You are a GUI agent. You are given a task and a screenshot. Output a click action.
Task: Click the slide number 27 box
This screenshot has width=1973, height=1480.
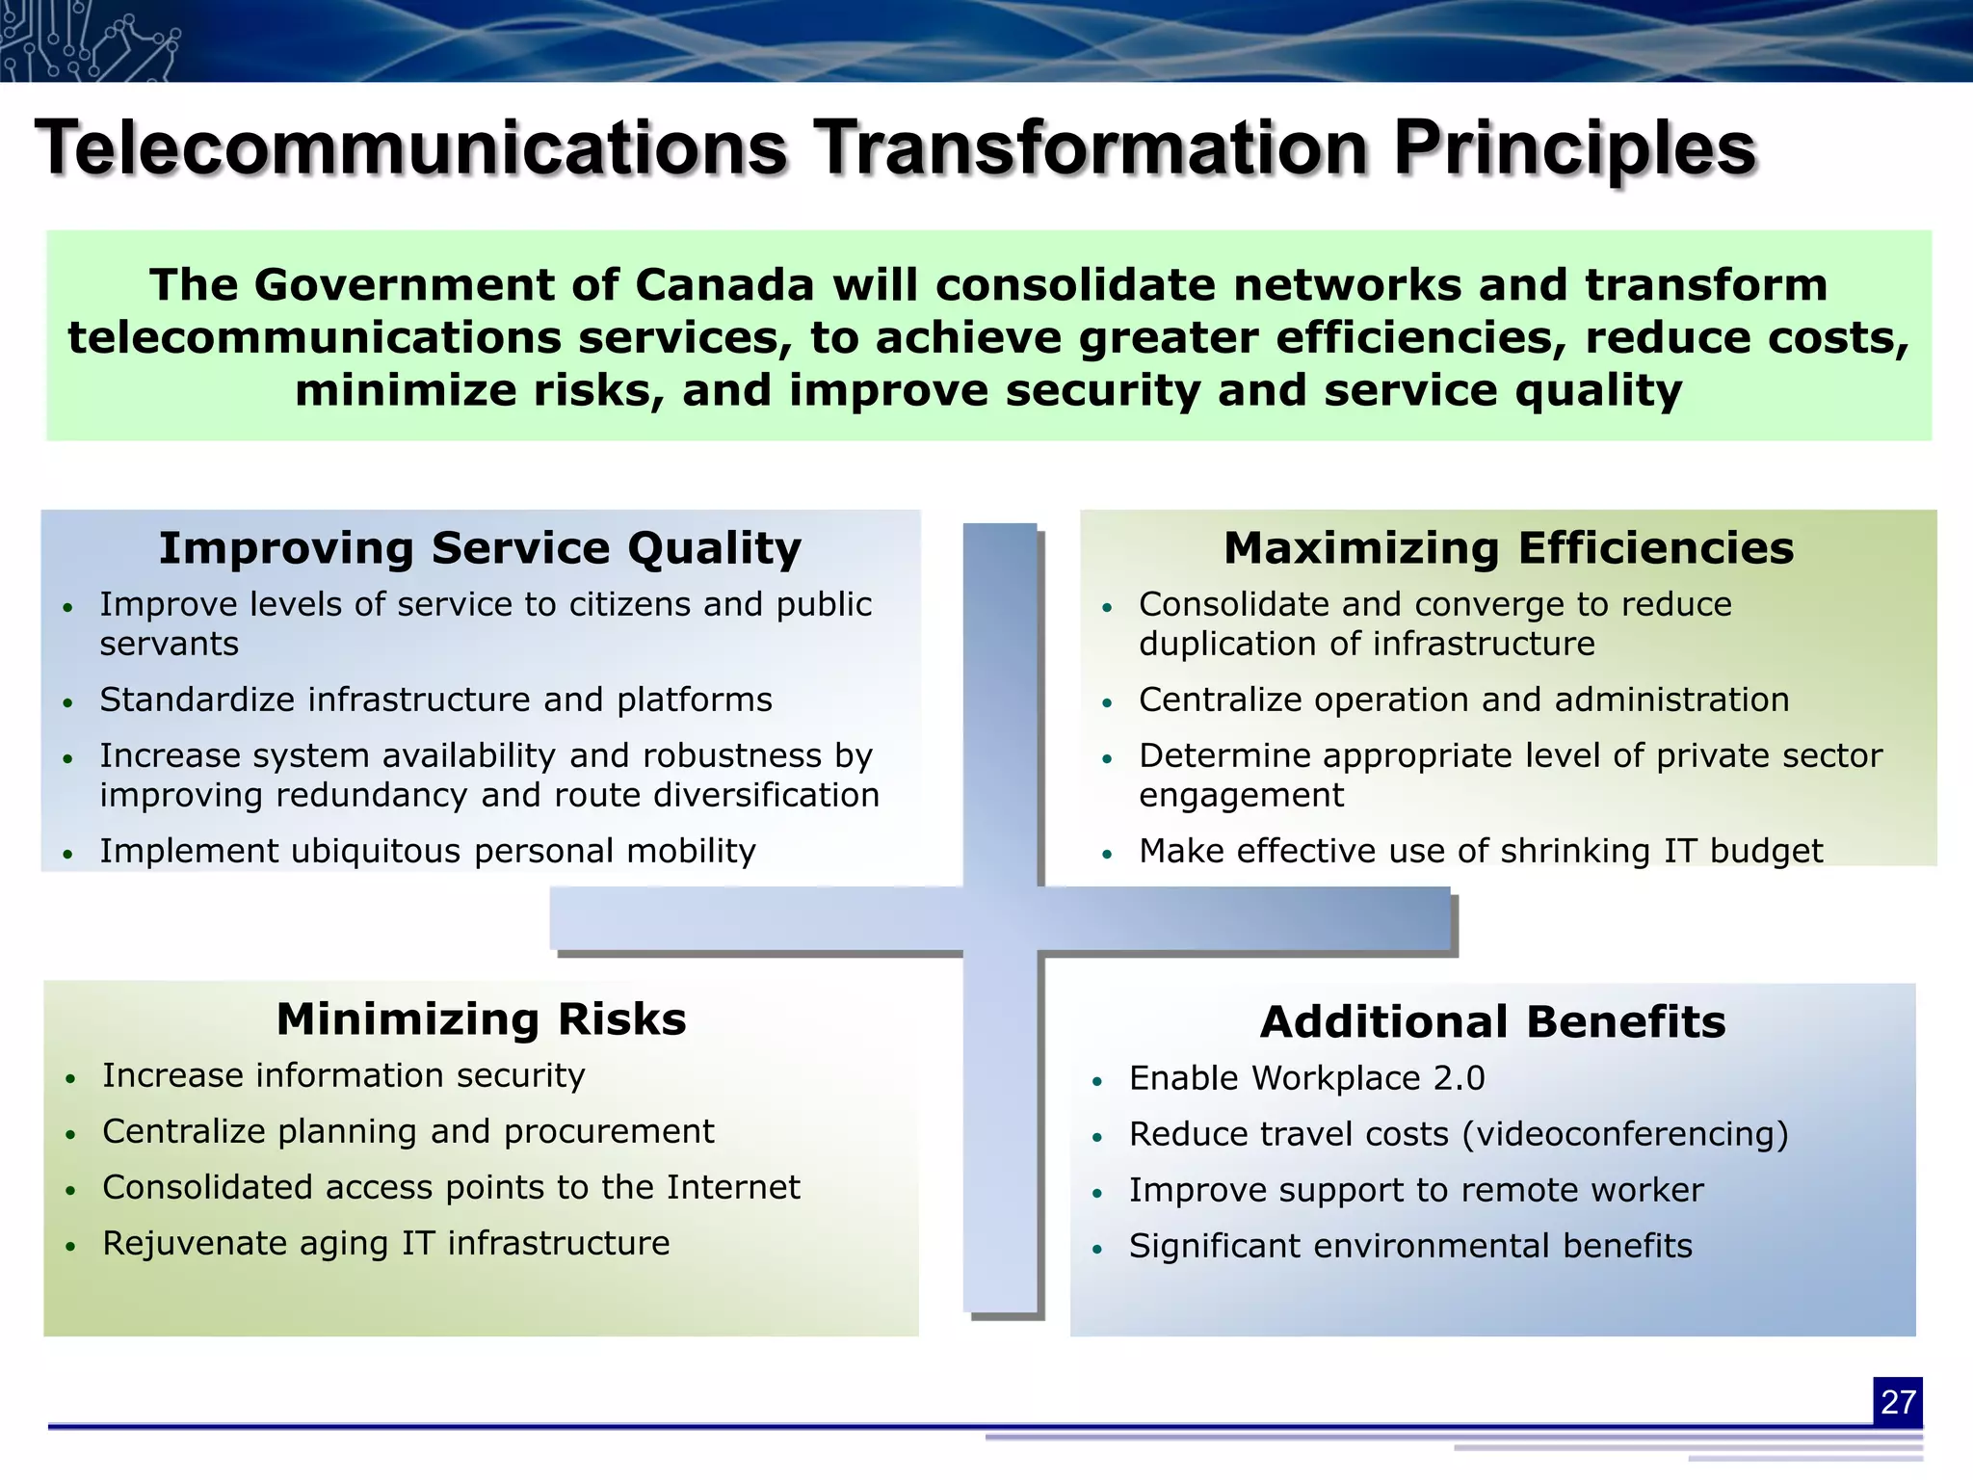tap(1897, 1402)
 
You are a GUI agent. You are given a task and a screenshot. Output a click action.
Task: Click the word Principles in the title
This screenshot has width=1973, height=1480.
tap(1575, 149)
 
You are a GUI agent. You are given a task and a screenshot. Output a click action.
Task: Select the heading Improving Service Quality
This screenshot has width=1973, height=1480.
tap(480, 548)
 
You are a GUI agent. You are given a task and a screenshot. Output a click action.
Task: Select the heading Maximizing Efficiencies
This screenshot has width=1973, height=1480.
tap(1509, 548)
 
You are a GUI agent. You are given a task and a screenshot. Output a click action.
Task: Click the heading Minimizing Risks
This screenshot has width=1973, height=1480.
tap(481, 1019)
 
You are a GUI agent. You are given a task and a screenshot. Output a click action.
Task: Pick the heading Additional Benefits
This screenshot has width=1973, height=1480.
tap(1492, 1022)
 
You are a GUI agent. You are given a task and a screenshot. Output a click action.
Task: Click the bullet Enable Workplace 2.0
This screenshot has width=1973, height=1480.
tap(1306, 1078)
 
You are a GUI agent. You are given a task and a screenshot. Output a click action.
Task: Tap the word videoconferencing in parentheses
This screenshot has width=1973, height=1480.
tap(1624, 1134)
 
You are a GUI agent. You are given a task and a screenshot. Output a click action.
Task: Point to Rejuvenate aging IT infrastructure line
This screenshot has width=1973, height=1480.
tap(385, 1243)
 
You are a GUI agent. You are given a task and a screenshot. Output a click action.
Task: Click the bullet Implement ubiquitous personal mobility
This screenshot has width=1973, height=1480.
tap(428, 851)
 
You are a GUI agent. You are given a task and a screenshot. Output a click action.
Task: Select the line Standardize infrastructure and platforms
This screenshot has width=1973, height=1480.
tap(435, 700)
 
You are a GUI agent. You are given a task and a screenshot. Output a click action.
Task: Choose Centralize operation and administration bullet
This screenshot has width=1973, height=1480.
tap(1463, 700)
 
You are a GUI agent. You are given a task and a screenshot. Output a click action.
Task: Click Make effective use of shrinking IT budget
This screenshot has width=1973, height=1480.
tap(1480, 851)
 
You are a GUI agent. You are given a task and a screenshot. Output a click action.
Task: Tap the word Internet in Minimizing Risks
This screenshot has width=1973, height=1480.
tap(732, 1187)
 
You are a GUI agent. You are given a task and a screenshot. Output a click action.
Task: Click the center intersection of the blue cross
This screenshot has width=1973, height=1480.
tap(1001, 919)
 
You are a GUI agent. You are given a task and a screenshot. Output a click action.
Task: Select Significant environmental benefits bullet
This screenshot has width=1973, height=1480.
tap(1410, 1246)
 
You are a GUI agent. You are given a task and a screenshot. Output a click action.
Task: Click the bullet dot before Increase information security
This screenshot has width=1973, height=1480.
tap(70, 1078)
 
